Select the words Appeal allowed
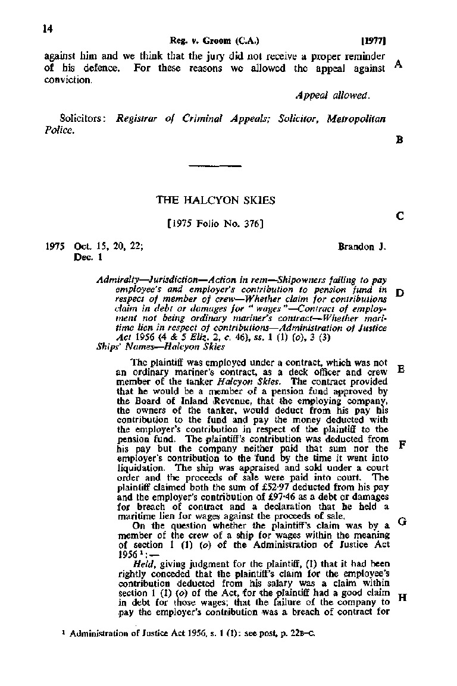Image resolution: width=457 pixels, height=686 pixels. tap(333, 95)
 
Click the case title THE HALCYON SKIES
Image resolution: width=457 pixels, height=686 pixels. tap(215, 200)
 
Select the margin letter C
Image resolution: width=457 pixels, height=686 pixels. tap(399, 217)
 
